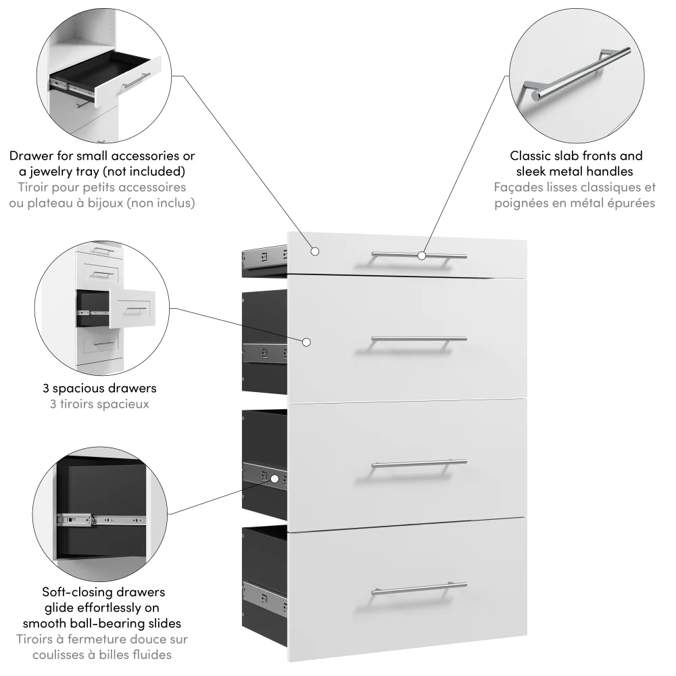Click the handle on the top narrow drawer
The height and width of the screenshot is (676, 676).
coord(392,256)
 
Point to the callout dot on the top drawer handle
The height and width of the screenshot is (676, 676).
coord(421,256)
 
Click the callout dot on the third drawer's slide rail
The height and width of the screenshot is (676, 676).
coord(274,479)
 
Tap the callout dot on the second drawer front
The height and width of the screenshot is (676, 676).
coord(306,342)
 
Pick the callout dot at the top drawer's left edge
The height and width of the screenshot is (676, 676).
coord(315,251)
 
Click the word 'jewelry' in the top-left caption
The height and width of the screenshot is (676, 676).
coord(51,171)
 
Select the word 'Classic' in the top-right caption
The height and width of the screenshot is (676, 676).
coord(530,155)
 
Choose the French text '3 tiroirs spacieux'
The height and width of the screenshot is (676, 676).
coord(99,404)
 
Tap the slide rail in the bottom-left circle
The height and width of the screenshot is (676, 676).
coord(101,521)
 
